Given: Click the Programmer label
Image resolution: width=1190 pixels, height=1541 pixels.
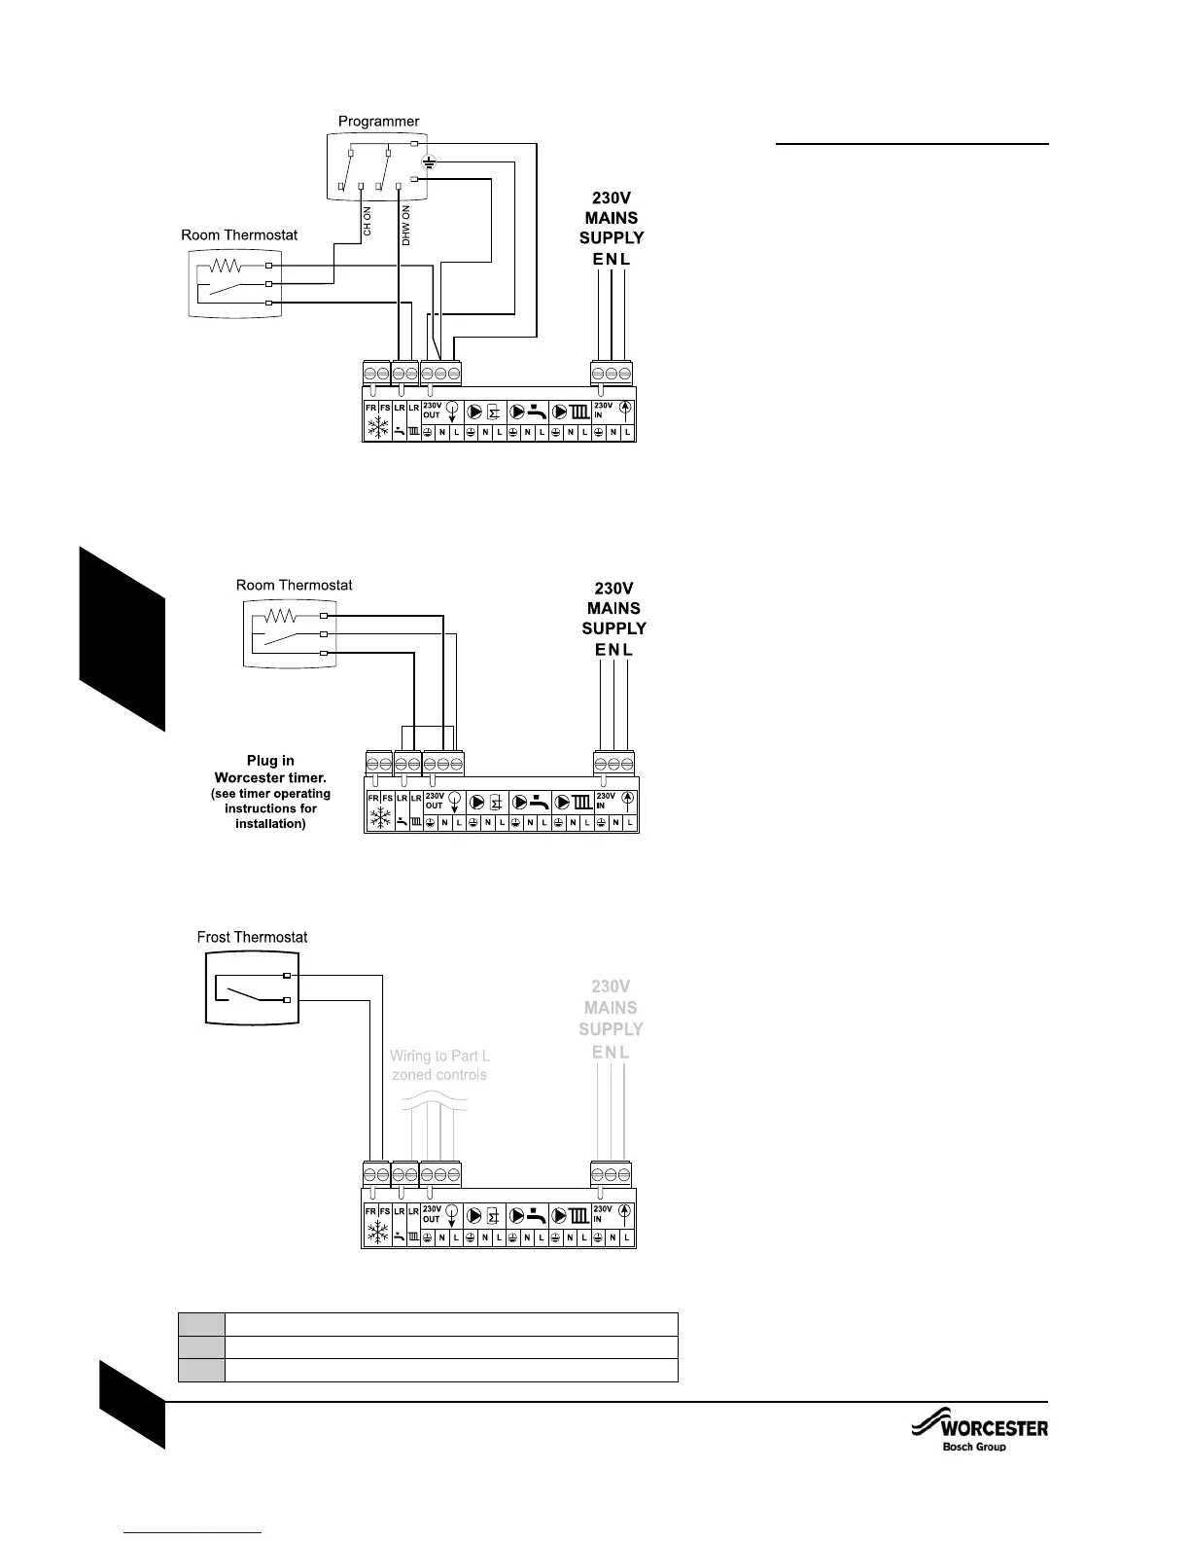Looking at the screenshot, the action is (x=378, y=122).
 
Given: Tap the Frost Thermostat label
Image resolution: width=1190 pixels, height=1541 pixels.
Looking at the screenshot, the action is (x=252, y=937).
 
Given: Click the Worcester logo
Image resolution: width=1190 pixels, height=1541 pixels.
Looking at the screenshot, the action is (x=980, y=1428).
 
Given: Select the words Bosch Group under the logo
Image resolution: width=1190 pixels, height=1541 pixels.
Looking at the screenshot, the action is (x=974, y=1447).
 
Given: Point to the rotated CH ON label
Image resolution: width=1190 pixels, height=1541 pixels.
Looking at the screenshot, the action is (x=367, y=221).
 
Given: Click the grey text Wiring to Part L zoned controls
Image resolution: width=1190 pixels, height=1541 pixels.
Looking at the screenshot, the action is (x=439, y=1065).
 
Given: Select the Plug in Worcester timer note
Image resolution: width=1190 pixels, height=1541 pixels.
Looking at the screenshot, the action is (x=270, y=792).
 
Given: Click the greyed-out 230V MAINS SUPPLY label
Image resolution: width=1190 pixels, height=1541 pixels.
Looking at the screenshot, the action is (x=611, y=1018).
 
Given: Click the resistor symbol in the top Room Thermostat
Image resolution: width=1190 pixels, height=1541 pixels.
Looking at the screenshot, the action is (x=226, y=265).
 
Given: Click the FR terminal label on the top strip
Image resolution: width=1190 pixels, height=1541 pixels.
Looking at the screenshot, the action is (x=370, y=408).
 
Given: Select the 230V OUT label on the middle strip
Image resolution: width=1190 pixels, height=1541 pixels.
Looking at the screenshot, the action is (x=434, y=801).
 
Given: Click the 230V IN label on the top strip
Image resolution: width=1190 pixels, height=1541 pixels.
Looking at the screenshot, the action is (x=603, y=409).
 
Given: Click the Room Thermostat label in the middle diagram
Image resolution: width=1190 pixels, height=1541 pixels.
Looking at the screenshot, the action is (x=294, y=585).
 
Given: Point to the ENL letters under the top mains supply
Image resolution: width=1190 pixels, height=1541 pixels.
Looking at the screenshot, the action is (x=612, y=260).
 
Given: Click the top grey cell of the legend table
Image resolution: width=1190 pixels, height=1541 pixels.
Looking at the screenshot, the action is (x=201, y=1324).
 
